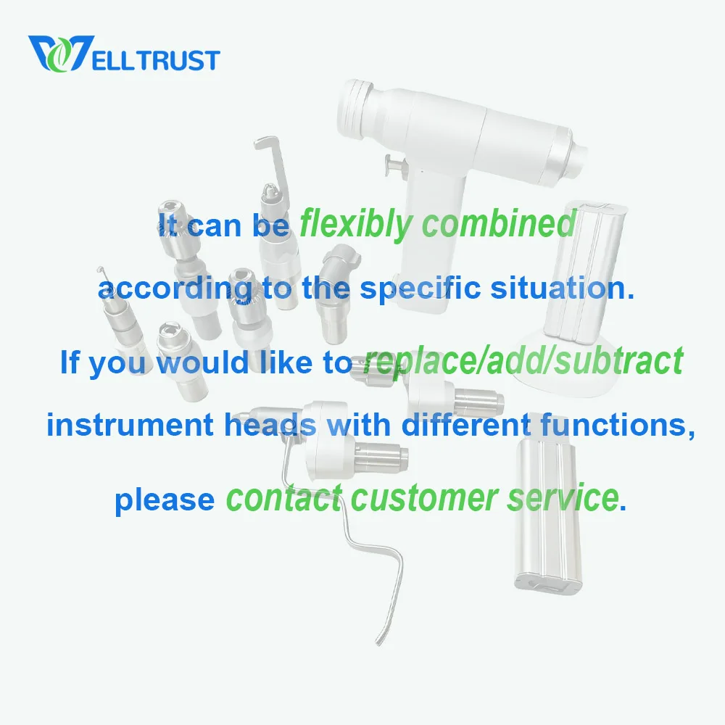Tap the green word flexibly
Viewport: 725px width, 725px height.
[x=355, y=224]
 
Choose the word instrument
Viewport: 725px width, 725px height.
[x=130, y=424]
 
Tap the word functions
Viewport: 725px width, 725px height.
[x=617, y=425]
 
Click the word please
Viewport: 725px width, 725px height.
[x=165, y=500]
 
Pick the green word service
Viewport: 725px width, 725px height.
[x=563, y=497]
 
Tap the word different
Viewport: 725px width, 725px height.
[x=466, y=424]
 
